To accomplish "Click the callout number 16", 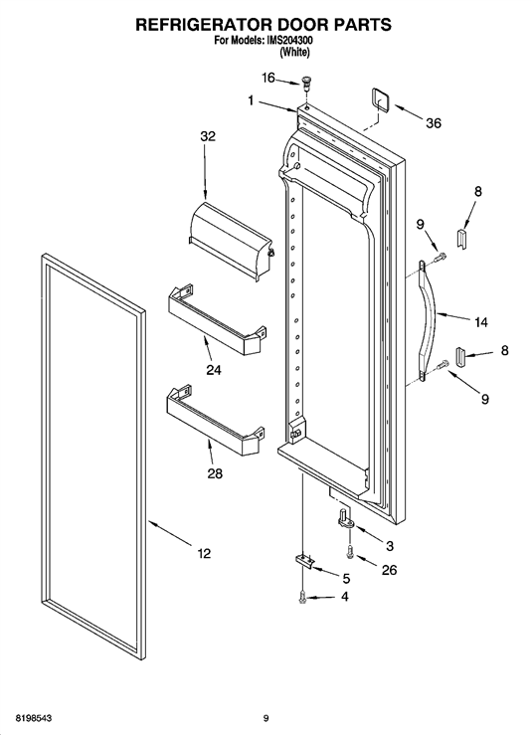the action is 268,78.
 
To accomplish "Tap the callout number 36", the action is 434,123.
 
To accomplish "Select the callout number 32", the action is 208,136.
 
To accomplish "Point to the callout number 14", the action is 481,322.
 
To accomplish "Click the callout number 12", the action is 204,554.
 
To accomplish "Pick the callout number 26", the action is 389,570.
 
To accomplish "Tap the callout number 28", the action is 215,473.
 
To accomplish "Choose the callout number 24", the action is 214,370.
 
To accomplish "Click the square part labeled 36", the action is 381,99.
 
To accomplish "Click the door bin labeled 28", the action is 215,421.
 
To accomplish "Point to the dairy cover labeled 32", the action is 231,240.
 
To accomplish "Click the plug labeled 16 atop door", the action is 306,85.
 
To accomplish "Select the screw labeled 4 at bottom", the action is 303,598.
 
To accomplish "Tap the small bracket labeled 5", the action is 304,561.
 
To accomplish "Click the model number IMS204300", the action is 289,41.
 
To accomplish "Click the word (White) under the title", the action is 294,53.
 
